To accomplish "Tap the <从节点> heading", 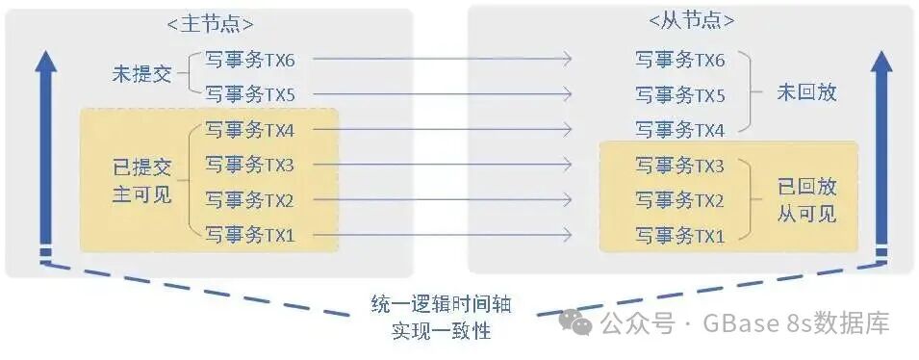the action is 691,20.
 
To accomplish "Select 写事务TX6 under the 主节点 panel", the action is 249,60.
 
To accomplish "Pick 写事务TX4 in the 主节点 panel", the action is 249,130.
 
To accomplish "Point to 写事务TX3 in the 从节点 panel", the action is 680,166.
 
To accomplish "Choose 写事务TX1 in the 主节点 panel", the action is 249,235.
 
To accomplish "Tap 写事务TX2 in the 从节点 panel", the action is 680,200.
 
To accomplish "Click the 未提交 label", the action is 141,74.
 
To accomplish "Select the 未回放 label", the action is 807,92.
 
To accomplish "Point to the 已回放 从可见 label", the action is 807,200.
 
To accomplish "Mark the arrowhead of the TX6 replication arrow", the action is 571,60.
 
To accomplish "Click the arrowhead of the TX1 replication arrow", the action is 571,235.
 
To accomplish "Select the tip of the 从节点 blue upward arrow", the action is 881,50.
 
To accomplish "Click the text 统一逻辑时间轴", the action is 442,304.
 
